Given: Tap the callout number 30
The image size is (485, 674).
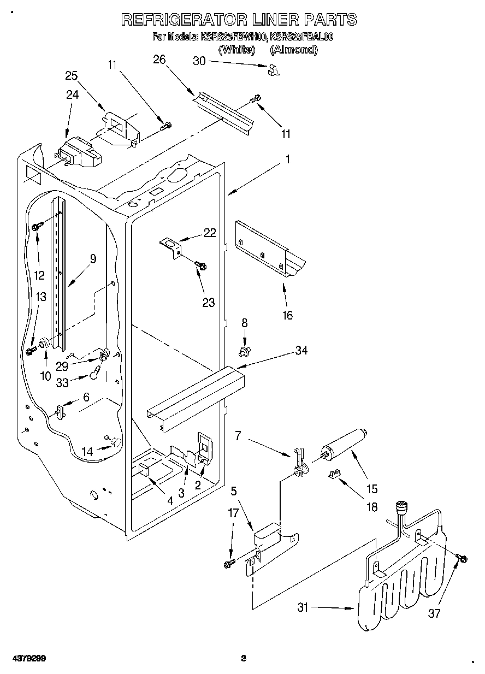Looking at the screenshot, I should [x=199, y=61].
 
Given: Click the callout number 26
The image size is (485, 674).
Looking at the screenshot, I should [x=159, y=60].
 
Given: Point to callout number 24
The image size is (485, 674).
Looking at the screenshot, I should [x=72, y=94].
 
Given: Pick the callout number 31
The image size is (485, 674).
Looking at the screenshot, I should [x=303, y=606].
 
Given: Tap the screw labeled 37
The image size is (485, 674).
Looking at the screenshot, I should [x=460, y=557].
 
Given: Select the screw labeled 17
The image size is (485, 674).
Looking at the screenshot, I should [x=230, y=563].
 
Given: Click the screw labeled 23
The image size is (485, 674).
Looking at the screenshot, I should [x=201, y=265].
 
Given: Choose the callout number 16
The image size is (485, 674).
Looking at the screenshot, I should [x=287, y=315].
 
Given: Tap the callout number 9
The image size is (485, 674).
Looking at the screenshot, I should [x=93, y=258].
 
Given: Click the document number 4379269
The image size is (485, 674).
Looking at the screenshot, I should [x=23, y=658].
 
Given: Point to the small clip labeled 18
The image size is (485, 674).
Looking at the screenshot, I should [x=334, y=475].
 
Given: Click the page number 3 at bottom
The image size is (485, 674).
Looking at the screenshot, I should [x=244, y=658].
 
